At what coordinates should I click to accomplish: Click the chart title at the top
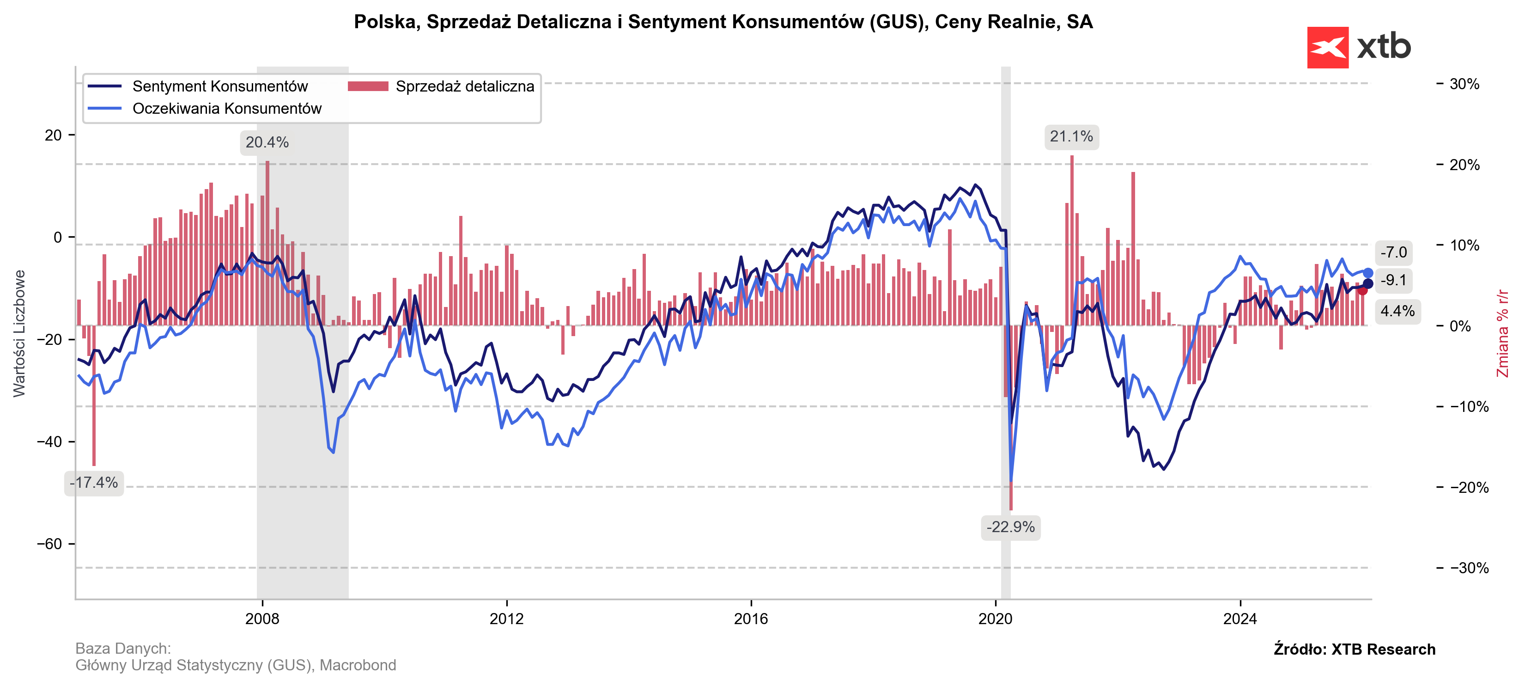(x=723, y=22)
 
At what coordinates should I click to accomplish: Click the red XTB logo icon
(x=1327, y=47)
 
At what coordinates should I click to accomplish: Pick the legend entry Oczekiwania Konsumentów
(x=227, y=108)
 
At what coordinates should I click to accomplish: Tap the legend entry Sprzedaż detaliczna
(x=465, y=86)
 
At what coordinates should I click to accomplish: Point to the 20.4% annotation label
(x=267, y=143)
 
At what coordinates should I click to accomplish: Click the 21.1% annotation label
(x=1071, y=137)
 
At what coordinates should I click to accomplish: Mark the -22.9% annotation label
(x=1010, y=527)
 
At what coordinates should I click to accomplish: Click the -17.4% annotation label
(x=94, y=483)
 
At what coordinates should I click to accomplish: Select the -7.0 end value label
(x=1394, y=252)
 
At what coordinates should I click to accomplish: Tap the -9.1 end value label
(x=1394, y=280)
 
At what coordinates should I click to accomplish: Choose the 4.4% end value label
(x=1397, y=311)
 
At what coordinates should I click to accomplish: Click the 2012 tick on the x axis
(x=507, y=619)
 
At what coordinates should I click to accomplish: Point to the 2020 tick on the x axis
(x=995, y=619)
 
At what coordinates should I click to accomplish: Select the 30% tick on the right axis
(x=1464, y=84)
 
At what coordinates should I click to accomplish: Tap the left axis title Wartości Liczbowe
(x=19, y=333)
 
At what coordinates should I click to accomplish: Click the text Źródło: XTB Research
(x=1354, y=649)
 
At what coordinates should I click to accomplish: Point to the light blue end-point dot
(x=1368, y=273)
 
